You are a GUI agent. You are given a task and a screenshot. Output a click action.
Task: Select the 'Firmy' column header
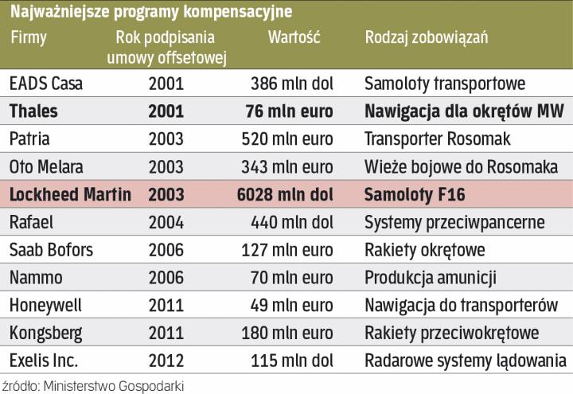coord(29,37)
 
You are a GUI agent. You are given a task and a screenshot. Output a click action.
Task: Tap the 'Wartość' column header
coord(294,37)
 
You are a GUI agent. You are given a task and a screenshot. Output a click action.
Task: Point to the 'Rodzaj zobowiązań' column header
coord(426,37)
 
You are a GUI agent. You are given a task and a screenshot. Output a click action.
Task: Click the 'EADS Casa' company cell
coord(45,82)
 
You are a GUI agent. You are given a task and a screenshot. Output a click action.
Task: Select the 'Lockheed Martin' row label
coord(70,194)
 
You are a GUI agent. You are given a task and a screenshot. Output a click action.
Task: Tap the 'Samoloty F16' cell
coord(414,194)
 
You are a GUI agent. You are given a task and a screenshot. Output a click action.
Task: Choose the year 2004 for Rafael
coord(166,222)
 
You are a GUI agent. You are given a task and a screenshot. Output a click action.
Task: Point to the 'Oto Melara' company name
coord(46,166)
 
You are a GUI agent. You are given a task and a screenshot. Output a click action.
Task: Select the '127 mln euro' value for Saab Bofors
coord(290,250)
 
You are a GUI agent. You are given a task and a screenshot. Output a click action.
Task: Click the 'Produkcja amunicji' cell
coord(431,277)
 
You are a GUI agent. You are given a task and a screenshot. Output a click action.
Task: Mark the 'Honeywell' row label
coord(45,304)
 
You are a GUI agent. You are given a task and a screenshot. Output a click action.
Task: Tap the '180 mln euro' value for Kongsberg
coord(290,332)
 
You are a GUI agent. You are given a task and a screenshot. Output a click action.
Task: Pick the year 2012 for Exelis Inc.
coord(166,360)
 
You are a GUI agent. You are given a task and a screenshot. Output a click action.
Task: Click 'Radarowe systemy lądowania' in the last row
coord(466,360)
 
